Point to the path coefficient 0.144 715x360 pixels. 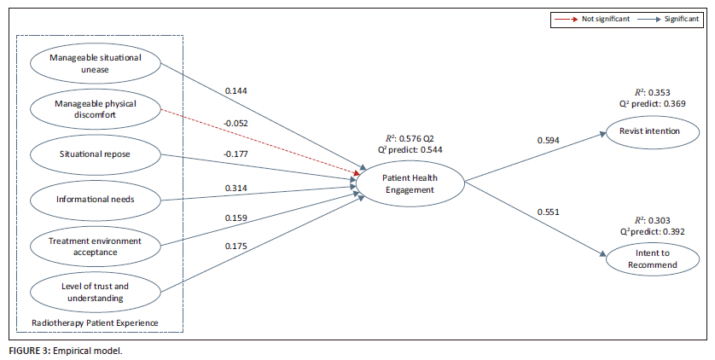pyautogui.click(x=236, y=91)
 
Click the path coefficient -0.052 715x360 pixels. pyautogui.click(x=235, y=124)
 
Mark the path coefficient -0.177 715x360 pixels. pyautogui.click(x=235, y=154)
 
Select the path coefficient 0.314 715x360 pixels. pyautogui.click(x=236, y=189)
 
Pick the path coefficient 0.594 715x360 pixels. pyautogui.click(x=548, y=141)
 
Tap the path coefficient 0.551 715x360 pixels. pyautogui.click(x=548, y=212)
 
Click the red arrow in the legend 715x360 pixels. pyautogui.click(x=566, y=19)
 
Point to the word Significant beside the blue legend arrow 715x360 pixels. pyautogui.click(x=681, y=19)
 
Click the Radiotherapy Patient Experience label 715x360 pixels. pyautogui.click(x=95, y=323)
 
